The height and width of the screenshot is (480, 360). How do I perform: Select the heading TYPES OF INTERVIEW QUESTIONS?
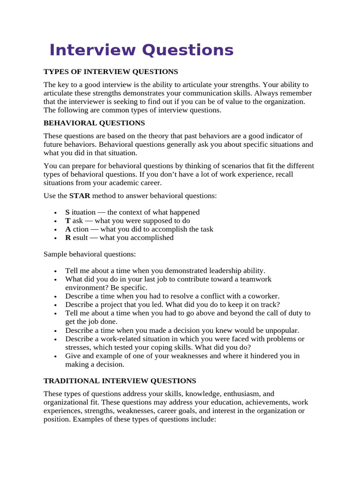pyautogui.click(x=111, y=72)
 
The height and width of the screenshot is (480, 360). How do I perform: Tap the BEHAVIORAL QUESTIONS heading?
pyautogui.click(x=94, y=123)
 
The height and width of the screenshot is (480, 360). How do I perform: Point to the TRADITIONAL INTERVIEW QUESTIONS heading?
pyautogui.click(x=120, y=381)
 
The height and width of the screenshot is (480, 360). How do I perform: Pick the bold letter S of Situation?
pyautogui.click(x=67, y=212)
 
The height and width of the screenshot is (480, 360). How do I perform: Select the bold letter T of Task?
pyautogui.click(x=67, y=221)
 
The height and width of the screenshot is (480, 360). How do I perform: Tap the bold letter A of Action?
pyautogui.click(x=68, y=229)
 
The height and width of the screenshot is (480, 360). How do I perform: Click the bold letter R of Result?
pyautogui.click(x=68, y=238)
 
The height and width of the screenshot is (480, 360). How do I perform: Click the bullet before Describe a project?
pyautogui.click(x=56, y=305)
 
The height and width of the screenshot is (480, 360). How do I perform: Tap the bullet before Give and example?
pyautogui.click(x=56, y=356)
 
